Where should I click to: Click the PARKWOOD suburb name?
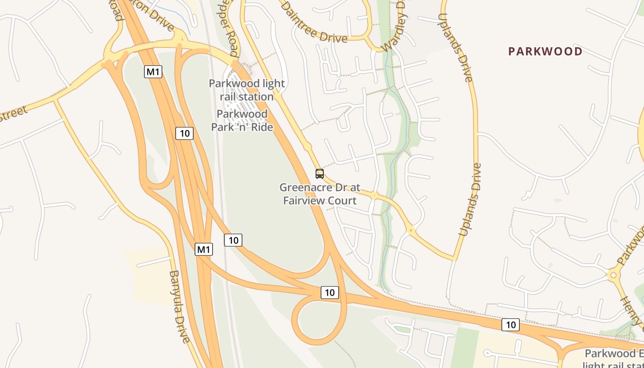545,51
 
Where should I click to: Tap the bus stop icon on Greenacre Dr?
320,174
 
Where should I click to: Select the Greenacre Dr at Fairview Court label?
320,194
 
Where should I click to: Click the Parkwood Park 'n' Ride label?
242,121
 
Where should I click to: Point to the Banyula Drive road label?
179,306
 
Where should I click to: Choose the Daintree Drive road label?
313,22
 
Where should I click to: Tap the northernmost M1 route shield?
153,72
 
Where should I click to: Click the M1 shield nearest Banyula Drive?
204,249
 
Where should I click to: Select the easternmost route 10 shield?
511,325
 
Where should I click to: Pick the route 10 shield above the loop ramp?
329,292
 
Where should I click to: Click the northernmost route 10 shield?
184,133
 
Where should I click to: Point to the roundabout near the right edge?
613,275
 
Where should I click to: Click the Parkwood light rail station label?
247,90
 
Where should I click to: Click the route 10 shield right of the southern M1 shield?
233,240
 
